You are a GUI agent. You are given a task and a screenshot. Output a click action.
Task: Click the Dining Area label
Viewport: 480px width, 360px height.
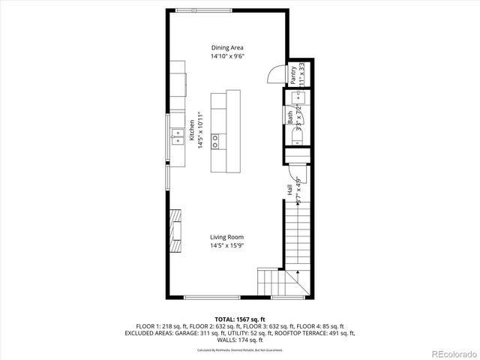click(x=226, y=47)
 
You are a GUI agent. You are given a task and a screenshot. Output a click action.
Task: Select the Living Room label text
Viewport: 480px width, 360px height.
click(x=226, y=237)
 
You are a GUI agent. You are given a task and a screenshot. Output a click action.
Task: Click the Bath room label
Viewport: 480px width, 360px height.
click(x=289, y=117)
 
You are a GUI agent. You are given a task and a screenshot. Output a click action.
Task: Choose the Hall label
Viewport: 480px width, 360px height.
click(x=289, y=190)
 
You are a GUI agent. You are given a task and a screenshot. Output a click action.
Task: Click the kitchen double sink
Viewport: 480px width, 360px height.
click(x=178, y=136)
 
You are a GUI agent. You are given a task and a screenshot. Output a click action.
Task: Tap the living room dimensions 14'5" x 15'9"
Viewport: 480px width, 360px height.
click(x=226, y=245)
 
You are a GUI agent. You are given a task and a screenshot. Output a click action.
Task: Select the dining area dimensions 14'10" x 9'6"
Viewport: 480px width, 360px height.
click(x=226, y=55)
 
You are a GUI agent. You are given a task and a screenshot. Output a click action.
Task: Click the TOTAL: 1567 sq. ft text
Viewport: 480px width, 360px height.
click(x=240, y=319)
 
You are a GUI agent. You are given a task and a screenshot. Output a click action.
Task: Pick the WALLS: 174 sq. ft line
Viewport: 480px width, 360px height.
click(x=240, y=340)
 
